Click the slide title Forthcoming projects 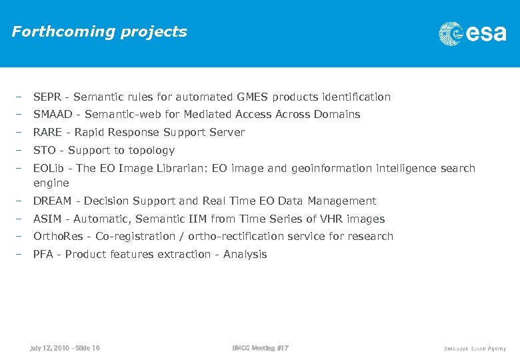99,32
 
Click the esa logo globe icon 451,33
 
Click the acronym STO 45,151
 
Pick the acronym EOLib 49,169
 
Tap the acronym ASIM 47,219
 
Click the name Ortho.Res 58,237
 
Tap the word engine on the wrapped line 51,183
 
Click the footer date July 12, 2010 48,348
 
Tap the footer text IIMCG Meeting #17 261,348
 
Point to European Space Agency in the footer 475,348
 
